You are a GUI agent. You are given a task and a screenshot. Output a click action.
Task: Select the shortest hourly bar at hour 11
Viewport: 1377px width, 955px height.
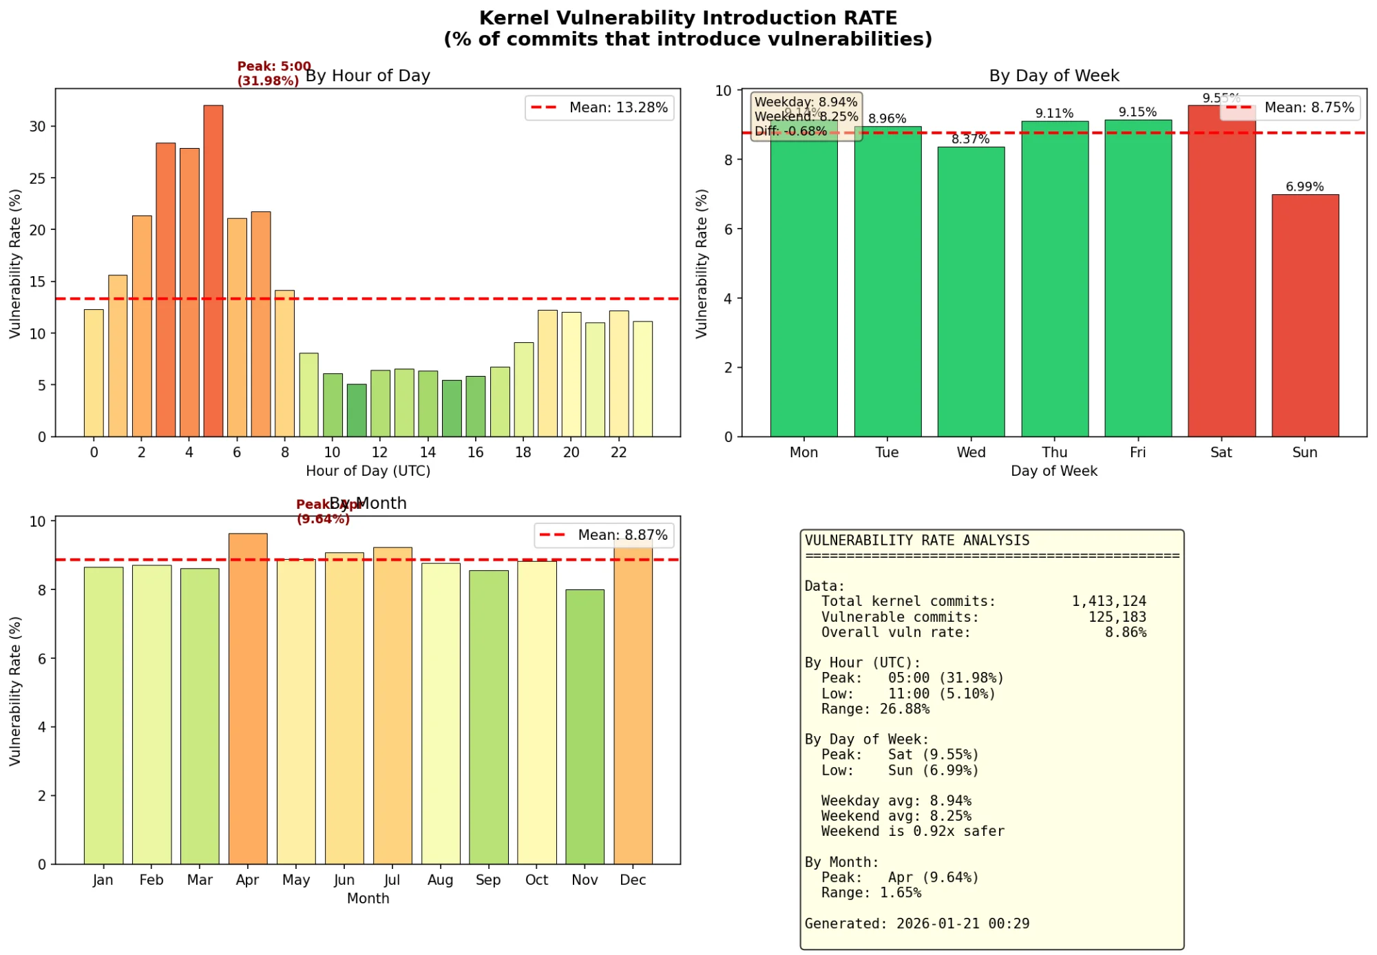[356, 410]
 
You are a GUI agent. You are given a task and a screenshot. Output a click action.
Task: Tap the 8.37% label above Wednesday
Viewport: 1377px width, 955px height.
[970, 139]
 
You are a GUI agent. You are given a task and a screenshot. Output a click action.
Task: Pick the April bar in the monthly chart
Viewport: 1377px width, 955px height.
[247, 698]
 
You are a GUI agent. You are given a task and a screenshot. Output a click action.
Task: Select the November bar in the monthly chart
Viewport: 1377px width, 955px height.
[585, 726]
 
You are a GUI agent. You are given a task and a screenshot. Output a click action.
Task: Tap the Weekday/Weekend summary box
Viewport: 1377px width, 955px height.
[806, 116]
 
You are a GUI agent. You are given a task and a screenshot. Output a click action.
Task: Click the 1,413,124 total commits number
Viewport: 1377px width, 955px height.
[1108, 601]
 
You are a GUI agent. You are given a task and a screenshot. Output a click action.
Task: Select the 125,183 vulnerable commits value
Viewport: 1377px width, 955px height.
[1117, 617]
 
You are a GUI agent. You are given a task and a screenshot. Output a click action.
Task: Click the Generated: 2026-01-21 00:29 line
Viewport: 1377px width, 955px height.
[916, 923]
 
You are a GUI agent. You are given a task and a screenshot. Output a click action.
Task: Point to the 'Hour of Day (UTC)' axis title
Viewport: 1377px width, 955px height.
[368, 471]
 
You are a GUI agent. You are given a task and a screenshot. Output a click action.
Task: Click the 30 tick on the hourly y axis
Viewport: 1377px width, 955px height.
[37, 127]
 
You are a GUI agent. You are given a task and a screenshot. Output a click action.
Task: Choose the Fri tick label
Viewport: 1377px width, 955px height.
[1137, 452]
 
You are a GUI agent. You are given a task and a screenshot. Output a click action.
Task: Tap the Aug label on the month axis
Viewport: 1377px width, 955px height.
[440, 880]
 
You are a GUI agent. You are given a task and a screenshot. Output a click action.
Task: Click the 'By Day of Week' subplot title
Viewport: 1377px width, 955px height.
[1053, 76]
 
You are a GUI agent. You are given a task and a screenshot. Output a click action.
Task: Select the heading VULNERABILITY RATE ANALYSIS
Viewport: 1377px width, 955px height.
[916, 541]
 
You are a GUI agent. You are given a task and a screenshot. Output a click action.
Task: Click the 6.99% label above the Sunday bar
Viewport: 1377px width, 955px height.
[1304, 187]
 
